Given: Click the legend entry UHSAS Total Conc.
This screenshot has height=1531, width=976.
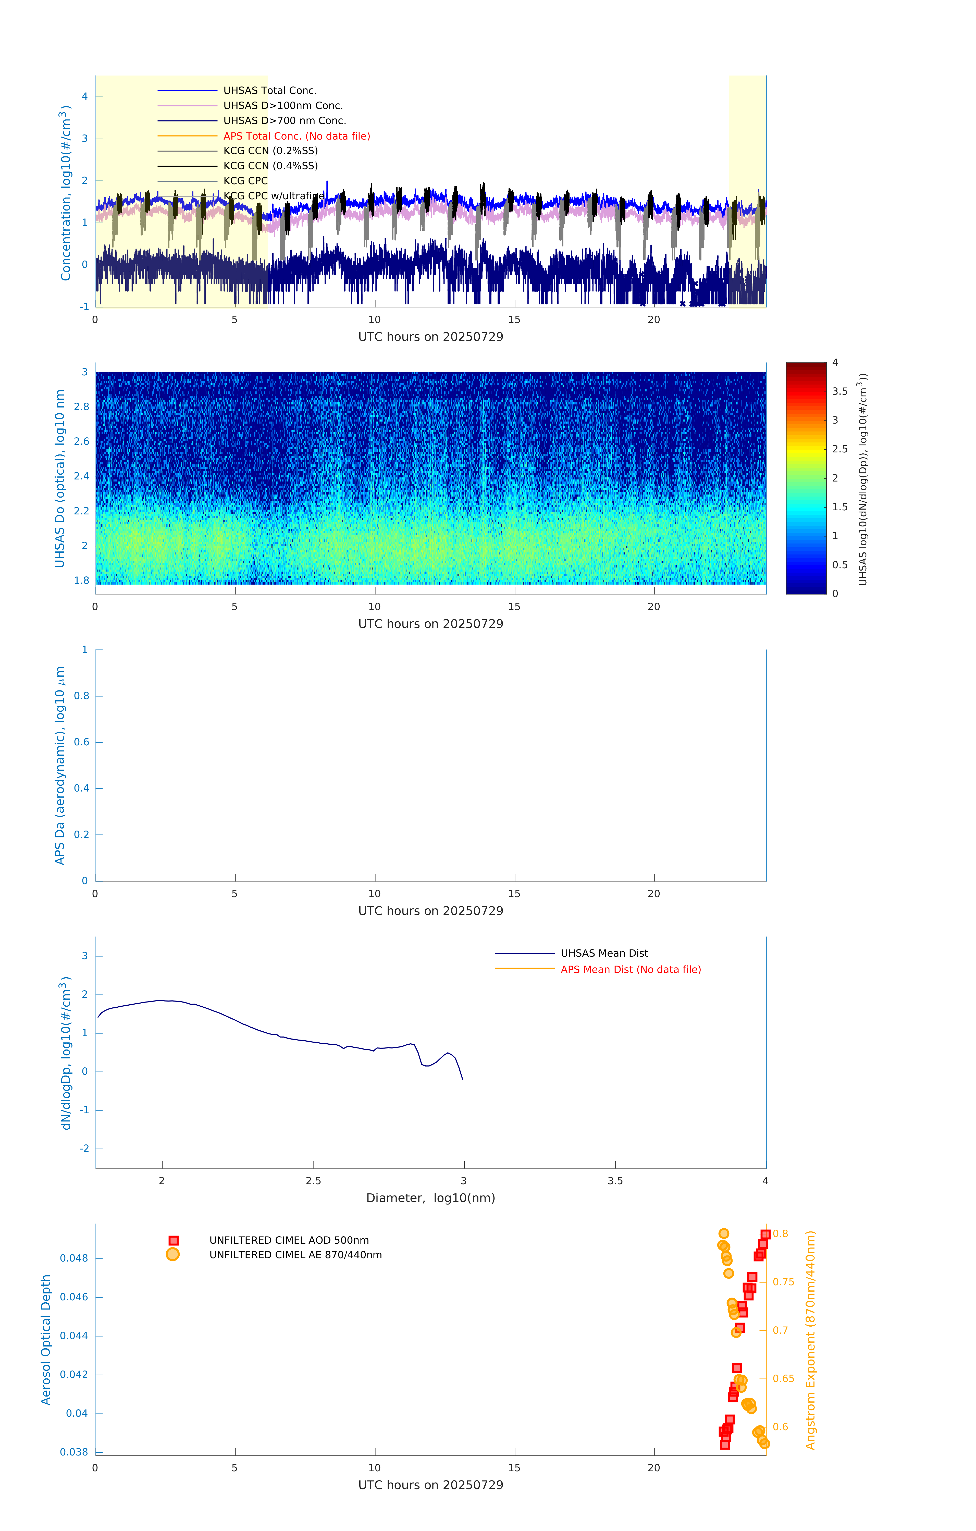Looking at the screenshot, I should [270, 90].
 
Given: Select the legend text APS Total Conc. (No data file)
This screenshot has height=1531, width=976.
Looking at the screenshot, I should [296, 136].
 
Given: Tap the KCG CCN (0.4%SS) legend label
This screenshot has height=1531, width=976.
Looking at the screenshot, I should [270, 166].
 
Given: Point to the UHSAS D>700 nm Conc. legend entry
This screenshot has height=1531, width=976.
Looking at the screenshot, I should [284, 121].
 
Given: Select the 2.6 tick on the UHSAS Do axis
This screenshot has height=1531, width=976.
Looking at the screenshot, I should [81, 441].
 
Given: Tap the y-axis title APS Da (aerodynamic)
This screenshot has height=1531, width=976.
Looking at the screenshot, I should [60, 765].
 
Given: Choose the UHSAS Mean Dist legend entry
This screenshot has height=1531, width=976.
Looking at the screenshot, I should [603, 953].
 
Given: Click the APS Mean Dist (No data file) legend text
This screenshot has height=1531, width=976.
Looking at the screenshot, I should [630, 970].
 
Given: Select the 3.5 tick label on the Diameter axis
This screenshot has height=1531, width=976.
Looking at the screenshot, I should [615, 1181].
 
